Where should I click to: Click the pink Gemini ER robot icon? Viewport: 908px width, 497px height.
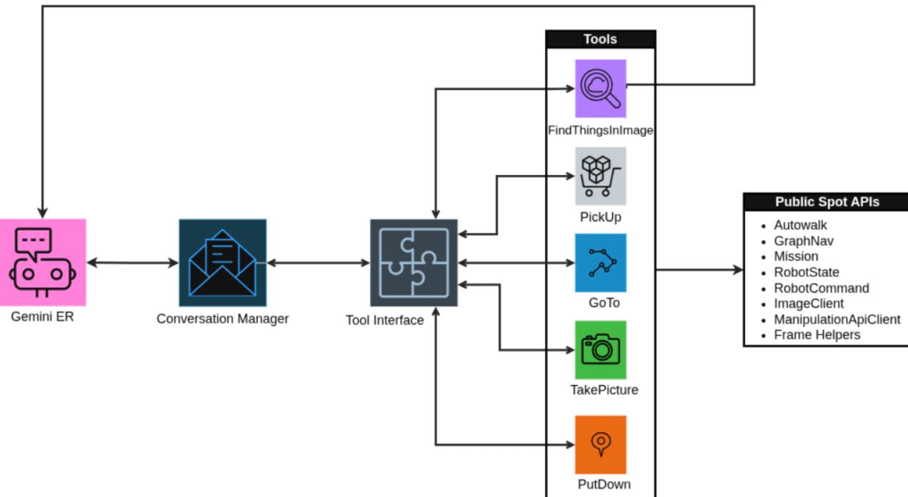(43, 262)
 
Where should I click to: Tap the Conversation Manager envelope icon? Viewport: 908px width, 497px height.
(222, 262)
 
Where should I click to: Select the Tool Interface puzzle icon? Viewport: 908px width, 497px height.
(414, 262)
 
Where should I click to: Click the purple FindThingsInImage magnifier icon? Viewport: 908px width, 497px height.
(600, 89)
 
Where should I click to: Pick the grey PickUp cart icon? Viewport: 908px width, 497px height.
(600, 176)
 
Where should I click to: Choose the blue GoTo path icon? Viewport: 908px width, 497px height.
(600, 263)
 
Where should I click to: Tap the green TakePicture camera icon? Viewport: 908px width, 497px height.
(600, 350)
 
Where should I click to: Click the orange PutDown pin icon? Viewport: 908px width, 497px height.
(600, 445)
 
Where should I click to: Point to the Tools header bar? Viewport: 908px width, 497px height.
(600, 39)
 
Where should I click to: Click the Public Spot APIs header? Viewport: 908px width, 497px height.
(827, 202)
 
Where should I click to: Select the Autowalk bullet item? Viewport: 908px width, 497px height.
(800, 225)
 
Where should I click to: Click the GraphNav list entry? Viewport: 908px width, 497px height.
(803, 241)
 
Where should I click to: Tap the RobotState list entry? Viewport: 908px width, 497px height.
(806, 272)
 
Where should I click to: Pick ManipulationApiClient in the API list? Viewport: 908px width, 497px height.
(837, 319)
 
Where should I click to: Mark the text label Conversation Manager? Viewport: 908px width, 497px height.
(222, 318)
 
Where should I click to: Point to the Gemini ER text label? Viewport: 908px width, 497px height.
(42, 316)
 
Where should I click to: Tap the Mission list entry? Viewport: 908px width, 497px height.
(796, 256)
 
